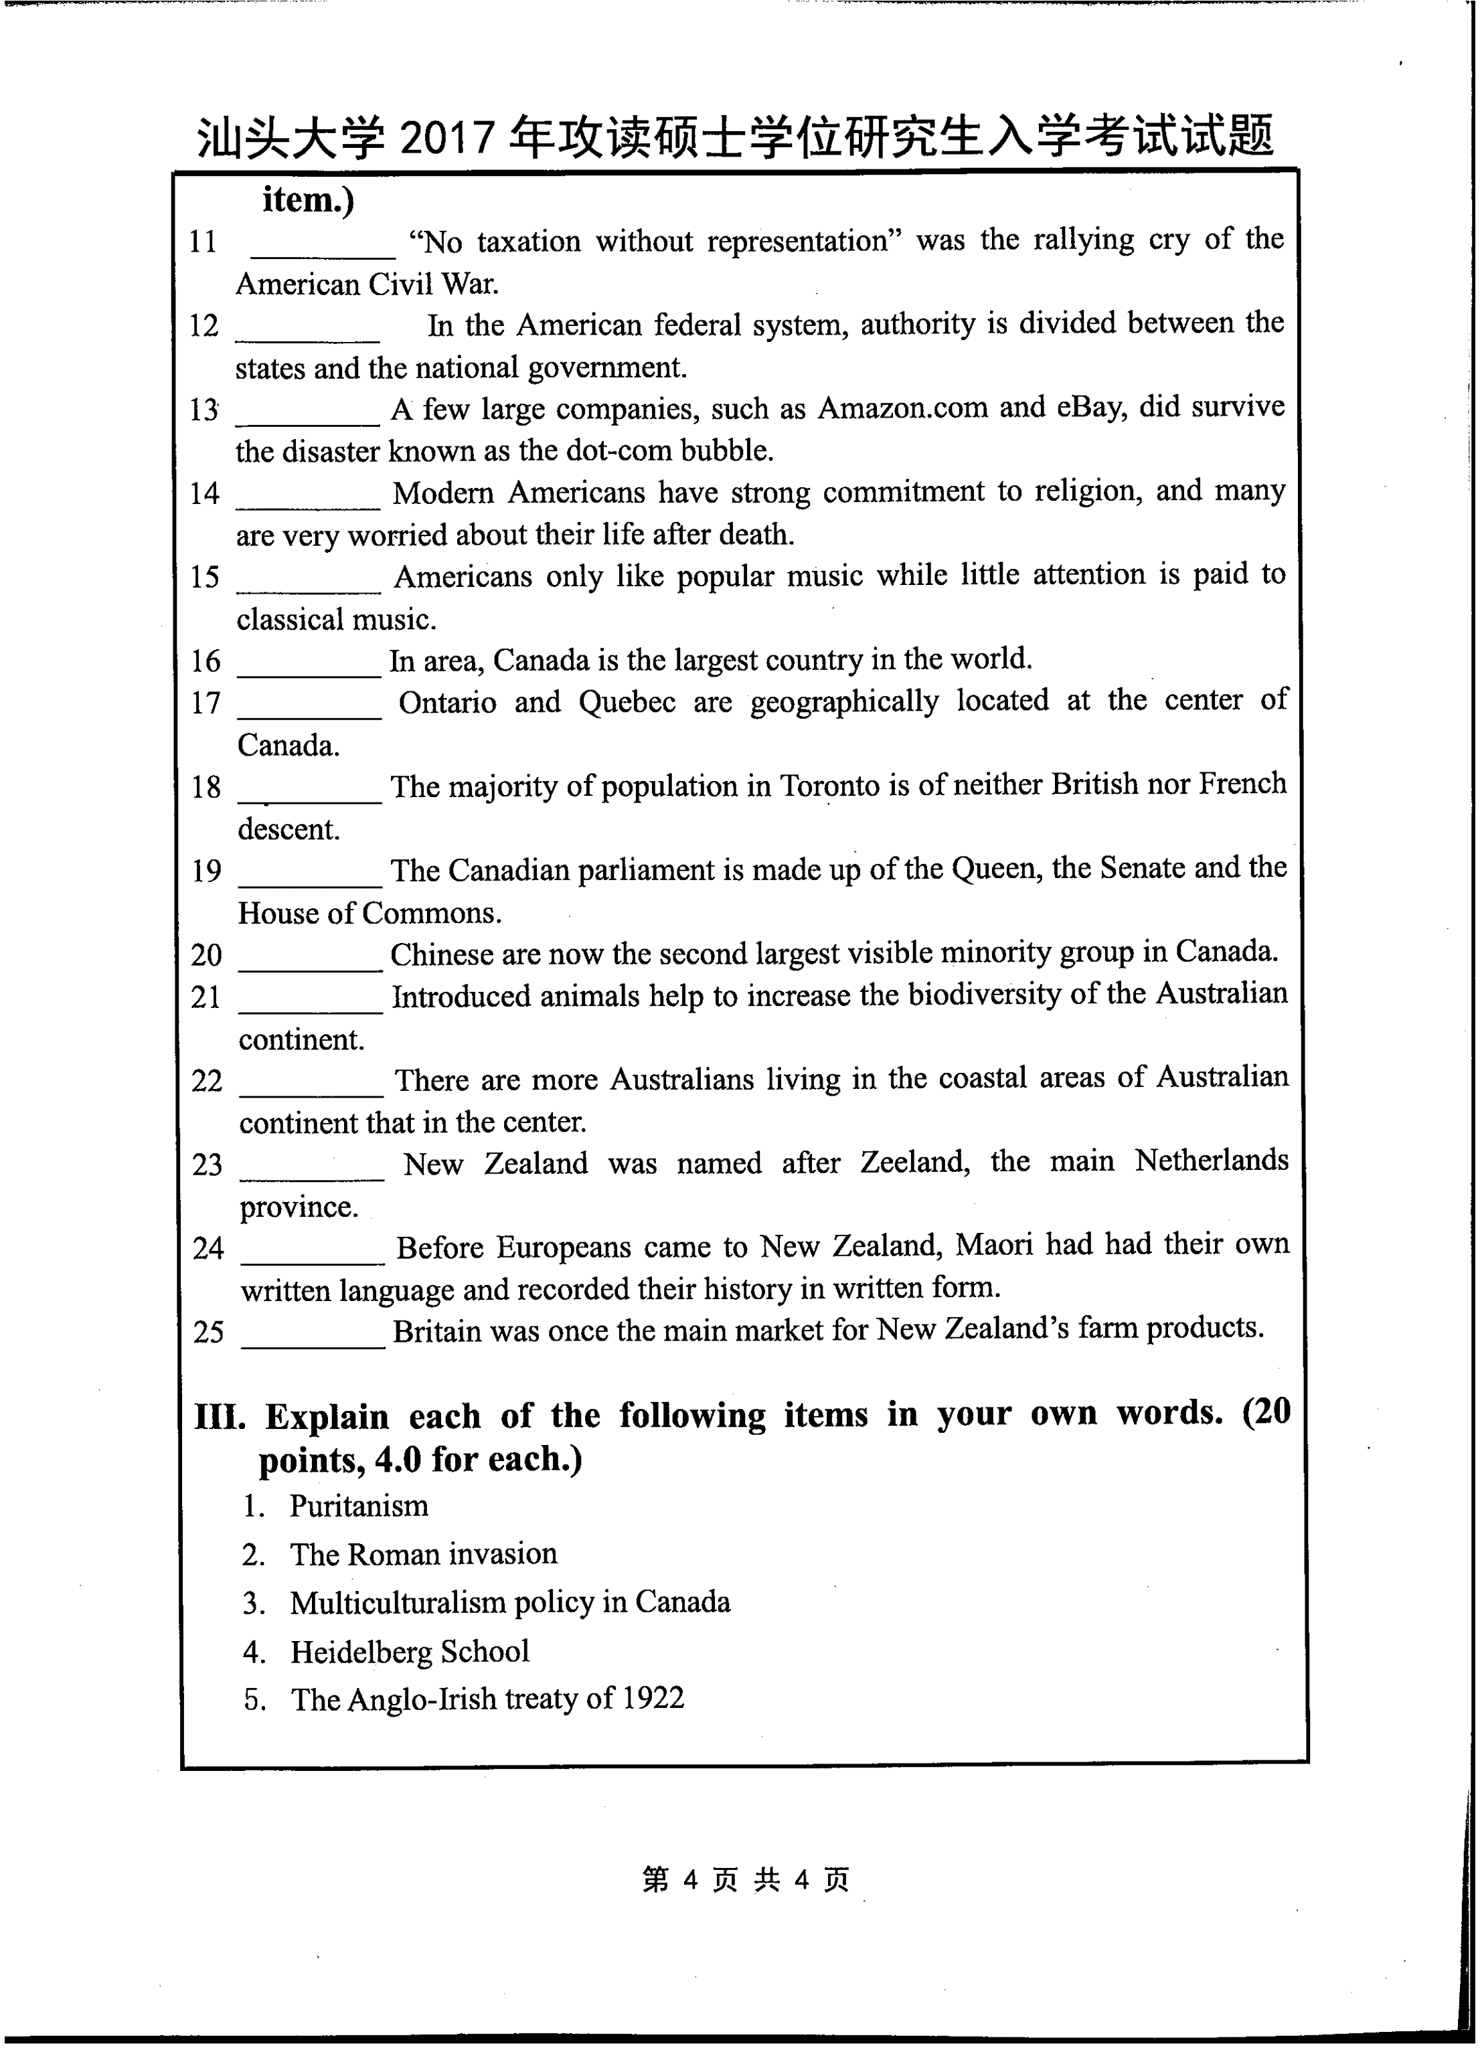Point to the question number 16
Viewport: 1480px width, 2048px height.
point(206,661)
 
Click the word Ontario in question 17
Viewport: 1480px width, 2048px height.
point(447,703)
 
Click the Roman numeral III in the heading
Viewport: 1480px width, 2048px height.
point(220,1417)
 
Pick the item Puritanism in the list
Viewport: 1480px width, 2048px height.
point(359,1506)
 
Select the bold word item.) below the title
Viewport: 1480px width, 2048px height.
point(308,199)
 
